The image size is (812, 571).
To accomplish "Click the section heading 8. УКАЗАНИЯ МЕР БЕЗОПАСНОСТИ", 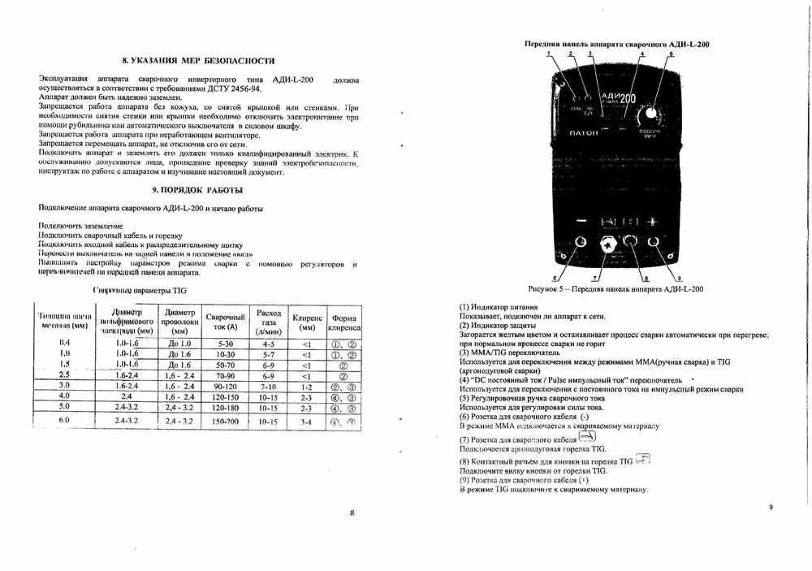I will [x=197, y=61].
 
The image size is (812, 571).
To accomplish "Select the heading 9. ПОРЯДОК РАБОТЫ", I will [x=197, y=190].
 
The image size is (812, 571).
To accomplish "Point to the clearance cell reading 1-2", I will [x=306, y=387].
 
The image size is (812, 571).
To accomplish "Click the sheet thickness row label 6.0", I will [x=63, y=420].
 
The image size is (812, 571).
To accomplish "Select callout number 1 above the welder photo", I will [x=549, y=54].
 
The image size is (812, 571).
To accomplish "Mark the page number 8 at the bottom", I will [x=352, y=513].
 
